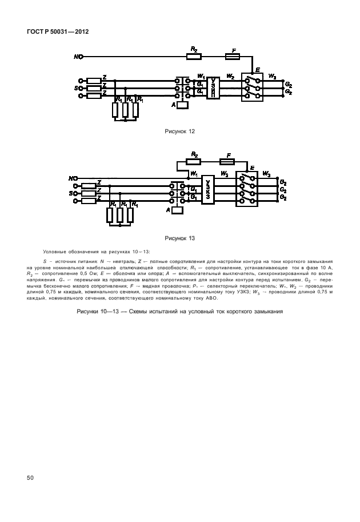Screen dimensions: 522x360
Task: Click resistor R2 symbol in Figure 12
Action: point(194,57)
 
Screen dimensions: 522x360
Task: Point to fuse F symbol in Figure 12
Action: point(232,57)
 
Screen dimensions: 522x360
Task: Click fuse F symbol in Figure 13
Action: point(229,161)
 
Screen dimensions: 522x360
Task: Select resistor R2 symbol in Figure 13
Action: point(195,161)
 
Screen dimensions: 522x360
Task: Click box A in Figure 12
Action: point(183,105)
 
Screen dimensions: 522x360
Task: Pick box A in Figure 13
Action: point(177,210)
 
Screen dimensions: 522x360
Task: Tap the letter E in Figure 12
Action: point(258,70)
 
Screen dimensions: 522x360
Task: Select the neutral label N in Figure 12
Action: point(77,57)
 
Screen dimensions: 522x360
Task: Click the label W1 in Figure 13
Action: point(194,173)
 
